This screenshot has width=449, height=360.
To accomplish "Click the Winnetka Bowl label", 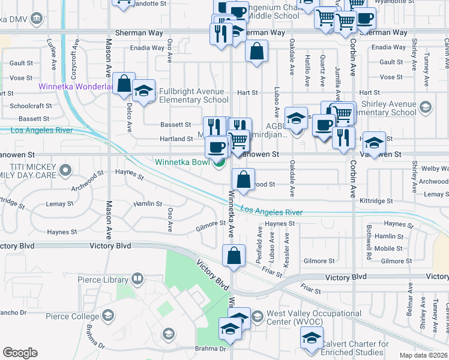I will click(x=182, y=162).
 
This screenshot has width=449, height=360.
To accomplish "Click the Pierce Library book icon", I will click(x=137, y=279).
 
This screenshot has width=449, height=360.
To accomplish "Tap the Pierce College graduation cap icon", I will click(x=108, y=316).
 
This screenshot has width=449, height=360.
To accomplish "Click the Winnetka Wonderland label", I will click(x=76, y=86).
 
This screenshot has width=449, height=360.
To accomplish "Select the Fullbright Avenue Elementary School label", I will click(x=194, y=96).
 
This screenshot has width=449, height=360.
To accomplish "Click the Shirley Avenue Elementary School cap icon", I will click(x=426, y=107).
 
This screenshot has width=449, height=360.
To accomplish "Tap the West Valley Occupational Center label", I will click(x=295, y=317).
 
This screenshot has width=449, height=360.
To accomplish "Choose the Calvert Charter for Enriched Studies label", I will click(x=354, y=348).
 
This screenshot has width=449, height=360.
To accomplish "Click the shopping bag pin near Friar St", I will click(x=234, y=256).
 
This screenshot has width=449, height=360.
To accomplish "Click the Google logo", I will click(x=20, y=353).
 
